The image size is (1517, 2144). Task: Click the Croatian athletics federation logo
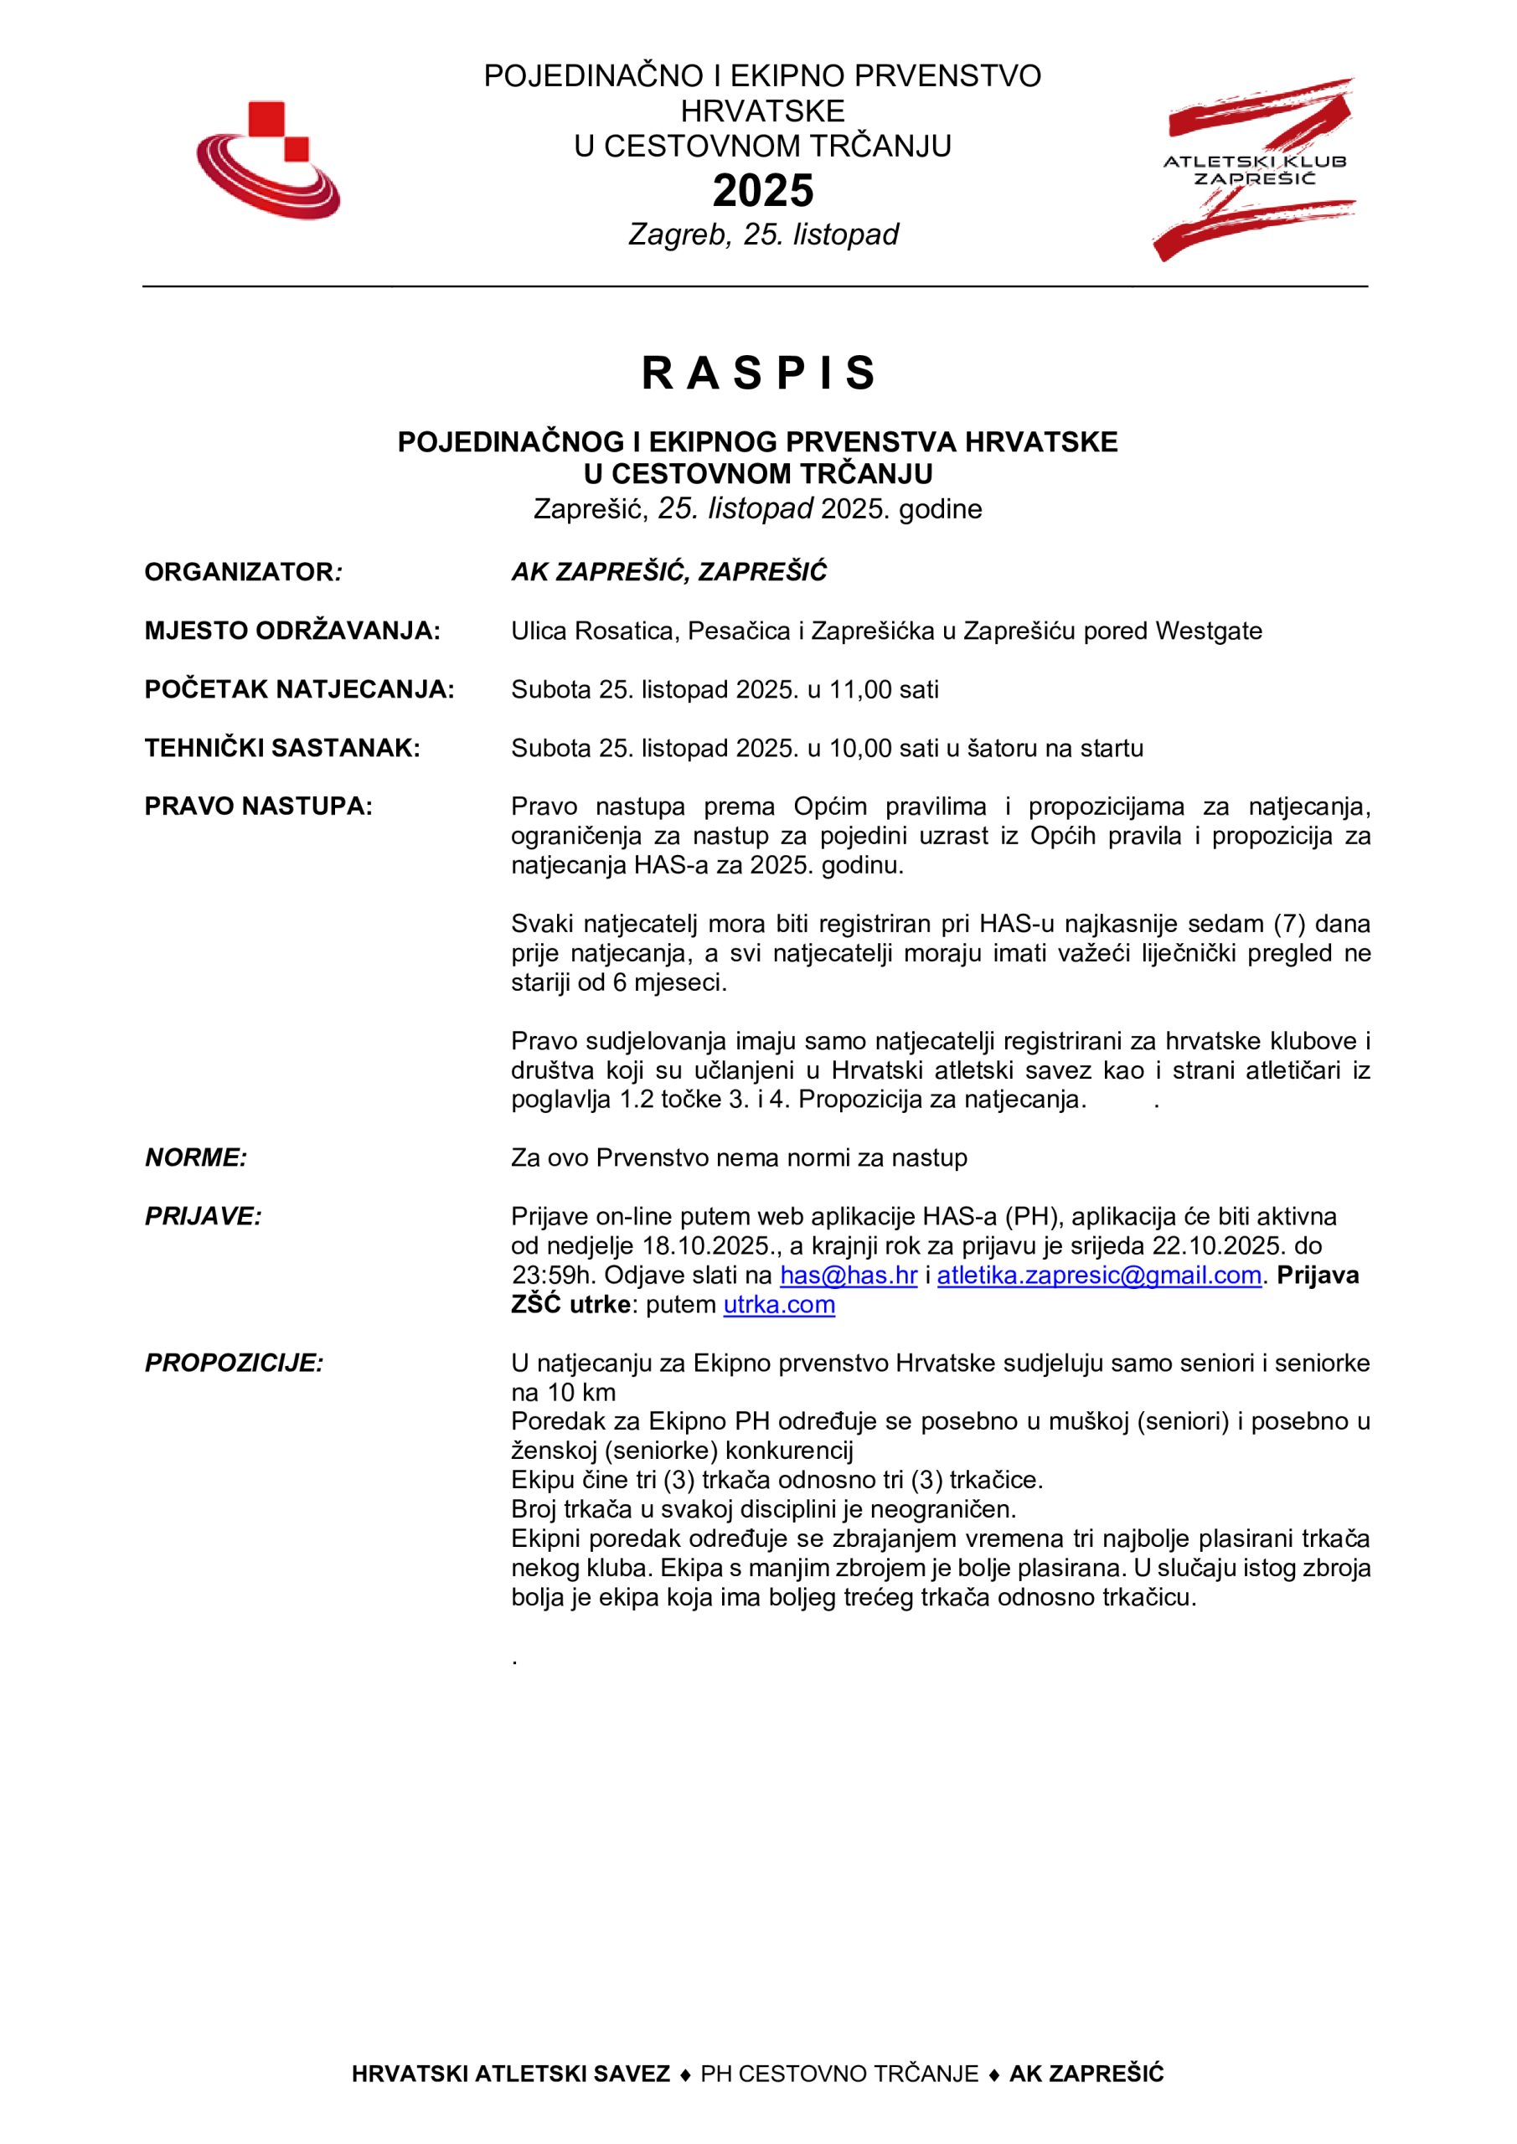click(x=268, y=161)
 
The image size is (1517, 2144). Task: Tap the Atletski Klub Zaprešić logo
click(x=1254, y=169)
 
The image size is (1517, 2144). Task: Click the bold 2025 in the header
click(x=762, y=190)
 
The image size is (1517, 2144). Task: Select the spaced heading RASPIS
click(x=759, y=373)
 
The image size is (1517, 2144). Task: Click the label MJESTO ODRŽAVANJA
click(x=292, y=631)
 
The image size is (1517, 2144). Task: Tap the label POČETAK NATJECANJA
click(x=299, y=689)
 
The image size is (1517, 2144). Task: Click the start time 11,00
click(x=860, y=689)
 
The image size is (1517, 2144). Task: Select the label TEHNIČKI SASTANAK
click(x=282, y=748)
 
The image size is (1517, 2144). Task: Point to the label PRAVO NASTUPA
click(x=258, y=806)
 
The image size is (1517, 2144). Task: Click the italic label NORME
click(x=195, y=1158)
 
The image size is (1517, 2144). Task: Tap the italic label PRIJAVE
click(x=203, y=1217)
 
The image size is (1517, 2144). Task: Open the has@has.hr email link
click(x=849, y=1276)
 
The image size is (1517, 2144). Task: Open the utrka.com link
click(x=779, y=1305)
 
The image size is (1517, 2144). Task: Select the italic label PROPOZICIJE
click(x=234, y=1363)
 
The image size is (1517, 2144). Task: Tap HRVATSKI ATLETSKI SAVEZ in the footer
click(x=510, y=2100)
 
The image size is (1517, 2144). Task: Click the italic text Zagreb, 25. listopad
click(x=762, y=234)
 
